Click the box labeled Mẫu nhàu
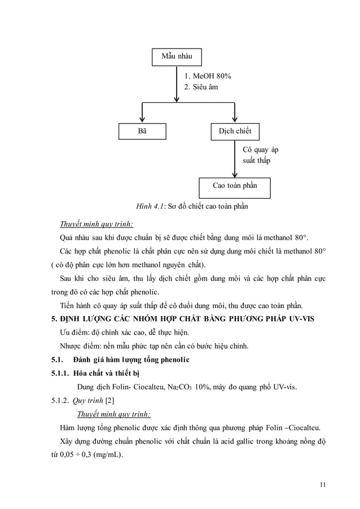point(177,57)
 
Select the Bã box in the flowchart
point(143,131)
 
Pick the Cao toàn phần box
point(235,186)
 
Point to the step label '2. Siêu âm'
point(201,87)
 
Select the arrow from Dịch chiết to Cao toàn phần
point(235,161)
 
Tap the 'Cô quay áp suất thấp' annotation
point(260,155)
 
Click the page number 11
point(322,483)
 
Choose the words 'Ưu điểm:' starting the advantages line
point(75,332)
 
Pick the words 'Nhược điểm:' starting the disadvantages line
point(81,346)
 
